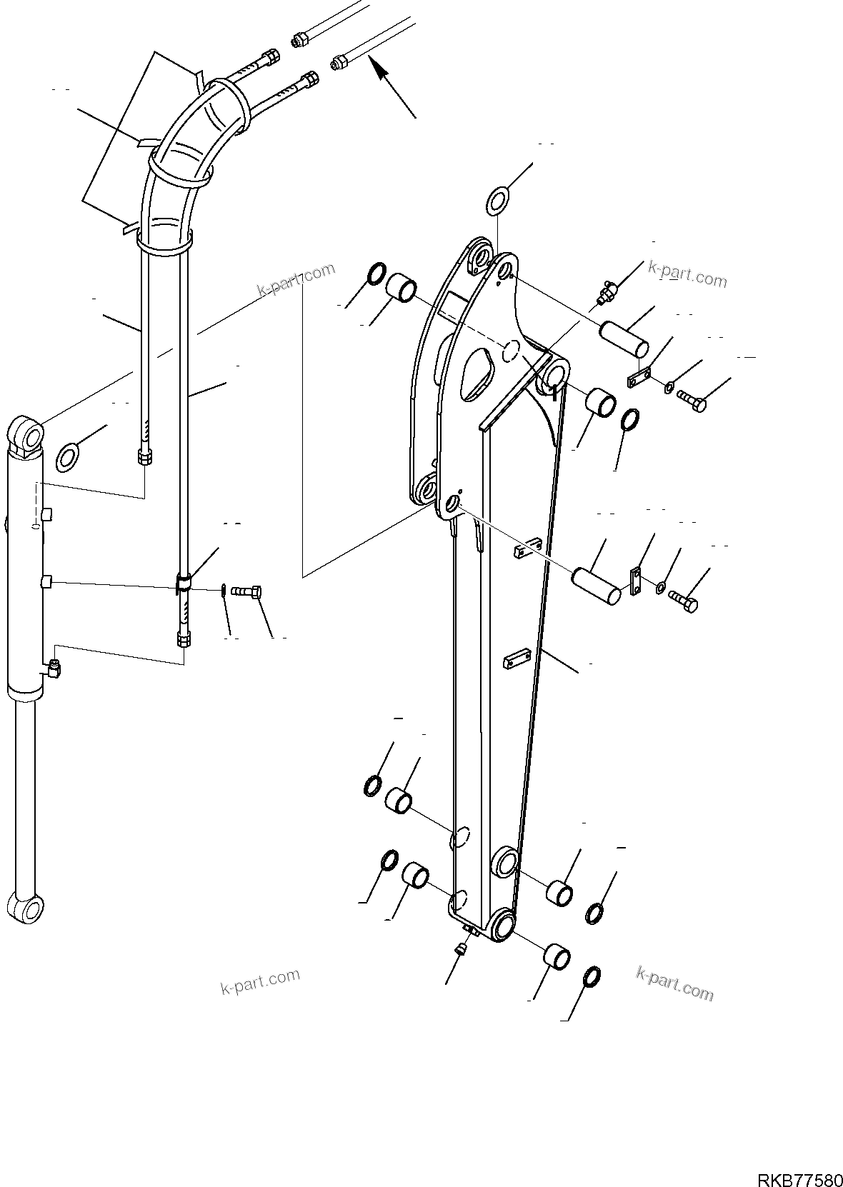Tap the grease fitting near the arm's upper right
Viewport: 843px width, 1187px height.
607,291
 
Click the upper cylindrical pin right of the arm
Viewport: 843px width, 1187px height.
623,339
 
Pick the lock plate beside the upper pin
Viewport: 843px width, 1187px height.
639,377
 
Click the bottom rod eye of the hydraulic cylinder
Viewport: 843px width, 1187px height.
28,907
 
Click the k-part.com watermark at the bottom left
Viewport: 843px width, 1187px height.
260,982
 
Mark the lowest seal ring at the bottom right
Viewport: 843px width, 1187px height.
592,976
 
